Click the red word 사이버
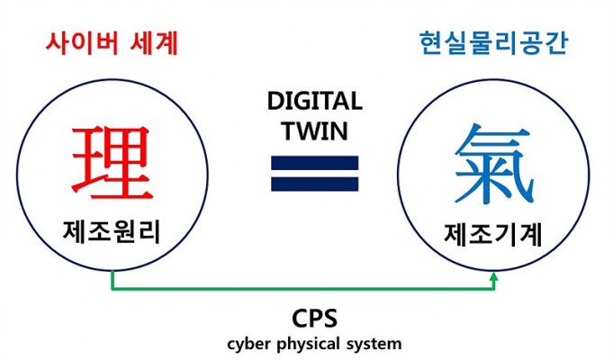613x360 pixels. (x=82, y=43)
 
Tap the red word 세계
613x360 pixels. (x=154, y=43)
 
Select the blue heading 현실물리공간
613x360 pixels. (x=493, y=43)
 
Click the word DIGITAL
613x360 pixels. (x=315, y=101)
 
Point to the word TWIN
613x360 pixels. (x=315, y=130)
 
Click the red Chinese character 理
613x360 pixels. (x=112, y=163)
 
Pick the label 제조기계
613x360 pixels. (x=493, y=235)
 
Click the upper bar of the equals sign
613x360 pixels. (x=315, y=163)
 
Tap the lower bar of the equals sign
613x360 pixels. (x=315, y=184)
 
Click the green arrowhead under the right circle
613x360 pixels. (x=494, y=276)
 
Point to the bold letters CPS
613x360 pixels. (x=314, y=319)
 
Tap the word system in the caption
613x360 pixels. (x=374, y=345)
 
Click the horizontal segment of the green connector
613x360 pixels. (x=303, y=289)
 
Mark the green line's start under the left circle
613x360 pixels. (x=113, y=271)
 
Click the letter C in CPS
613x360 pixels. (x=300, y=319)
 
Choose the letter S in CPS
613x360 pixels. (x=329, y=319)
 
